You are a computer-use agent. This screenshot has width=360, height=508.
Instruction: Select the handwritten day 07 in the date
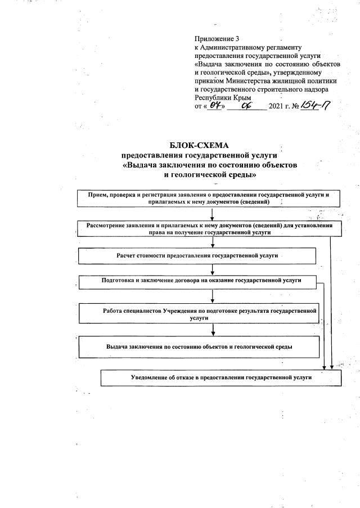coord(214,105)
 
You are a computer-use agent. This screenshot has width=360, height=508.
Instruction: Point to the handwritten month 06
coord(245,105)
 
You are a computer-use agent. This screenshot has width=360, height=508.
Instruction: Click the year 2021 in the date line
coord(277,106)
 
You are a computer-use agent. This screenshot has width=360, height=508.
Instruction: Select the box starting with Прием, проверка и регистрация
coord(205,197)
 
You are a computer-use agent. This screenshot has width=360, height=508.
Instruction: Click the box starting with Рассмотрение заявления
coord(205,228)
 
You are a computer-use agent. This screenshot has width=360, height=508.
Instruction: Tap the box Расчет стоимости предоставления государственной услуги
coord(197,256)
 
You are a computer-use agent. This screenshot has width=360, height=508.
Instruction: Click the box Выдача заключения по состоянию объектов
coord(199,347)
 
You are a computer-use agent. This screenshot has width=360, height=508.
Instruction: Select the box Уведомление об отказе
coord(220,378)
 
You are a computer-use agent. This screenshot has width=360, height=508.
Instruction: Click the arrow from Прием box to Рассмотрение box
coord(212,213)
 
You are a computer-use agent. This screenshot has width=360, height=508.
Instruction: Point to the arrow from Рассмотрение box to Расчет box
coord(212,242)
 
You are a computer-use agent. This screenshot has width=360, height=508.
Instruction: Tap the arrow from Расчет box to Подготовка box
coord(212,269)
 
